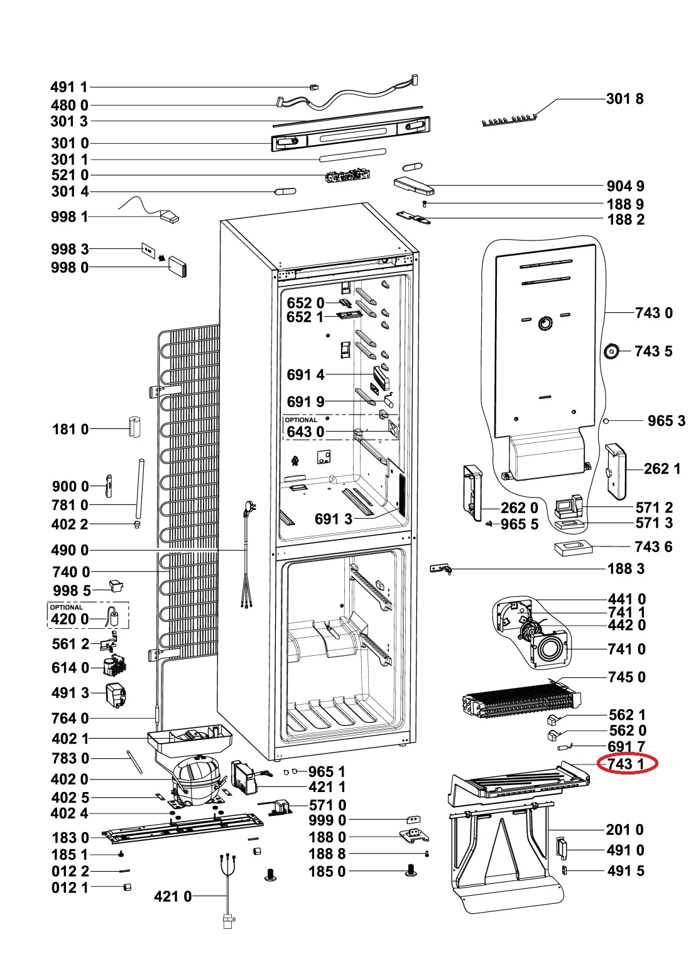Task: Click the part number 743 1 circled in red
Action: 626,764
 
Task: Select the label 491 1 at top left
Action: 69,87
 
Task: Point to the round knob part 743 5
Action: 611,352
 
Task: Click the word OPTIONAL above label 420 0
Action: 66,607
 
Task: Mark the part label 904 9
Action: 625,186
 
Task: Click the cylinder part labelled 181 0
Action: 133,426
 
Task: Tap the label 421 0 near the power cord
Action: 173,896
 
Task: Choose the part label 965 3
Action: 666,420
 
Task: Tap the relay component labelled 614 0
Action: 114,666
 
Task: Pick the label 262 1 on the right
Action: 661,469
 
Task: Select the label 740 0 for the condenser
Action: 70,572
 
